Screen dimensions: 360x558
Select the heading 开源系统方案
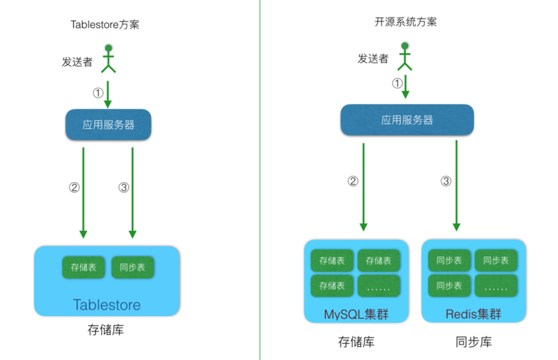406,22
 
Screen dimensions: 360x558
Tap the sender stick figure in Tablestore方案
108,59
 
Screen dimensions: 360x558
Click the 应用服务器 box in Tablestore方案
109,126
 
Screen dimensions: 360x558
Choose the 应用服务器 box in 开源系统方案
407,120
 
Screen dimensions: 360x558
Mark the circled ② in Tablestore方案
74,187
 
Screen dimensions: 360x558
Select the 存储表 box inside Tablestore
83,267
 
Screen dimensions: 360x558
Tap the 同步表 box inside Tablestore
132,267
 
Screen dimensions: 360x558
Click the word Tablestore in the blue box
107,305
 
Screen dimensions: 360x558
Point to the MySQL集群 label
356,314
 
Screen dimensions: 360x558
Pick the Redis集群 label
473,314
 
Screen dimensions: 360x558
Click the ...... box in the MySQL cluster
379,285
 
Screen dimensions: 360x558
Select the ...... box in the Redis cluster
496,285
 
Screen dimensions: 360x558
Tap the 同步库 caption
473,342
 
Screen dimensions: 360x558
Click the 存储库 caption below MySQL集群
356,342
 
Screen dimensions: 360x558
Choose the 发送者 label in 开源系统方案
373,59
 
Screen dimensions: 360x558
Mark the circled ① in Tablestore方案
98,92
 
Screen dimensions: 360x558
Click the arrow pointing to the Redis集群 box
456,185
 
